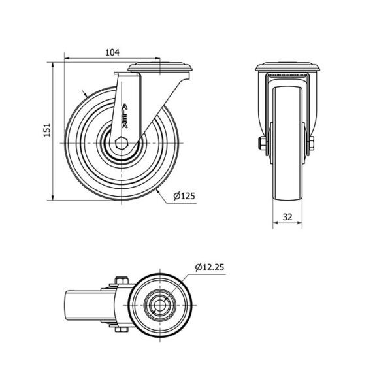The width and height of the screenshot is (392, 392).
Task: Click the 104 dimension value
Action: point(112,52)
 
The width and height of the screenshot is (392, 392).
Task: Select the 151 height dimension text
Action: point(47,130)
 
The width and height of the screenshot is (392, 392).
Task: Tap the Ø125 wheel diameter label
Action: point(184,196)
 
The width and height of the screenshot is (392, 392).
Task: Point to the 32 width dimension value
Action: point(287,217)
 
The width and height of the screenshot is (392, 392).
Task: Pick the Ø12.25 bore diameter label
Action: point(210,267)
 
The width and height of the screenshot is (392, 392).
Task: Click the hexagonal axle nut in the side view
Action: point(122,143)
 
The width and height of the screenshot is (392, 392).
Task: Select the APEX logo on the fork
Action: point(125,116)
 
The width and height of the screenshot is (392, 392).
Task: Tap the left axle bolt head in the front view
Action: point(262,143)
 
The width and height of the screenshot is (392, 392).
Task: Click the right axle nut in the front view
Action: point(311,143)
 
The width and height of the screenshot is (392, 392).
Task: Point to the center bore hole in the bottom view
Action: point(160,305)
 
